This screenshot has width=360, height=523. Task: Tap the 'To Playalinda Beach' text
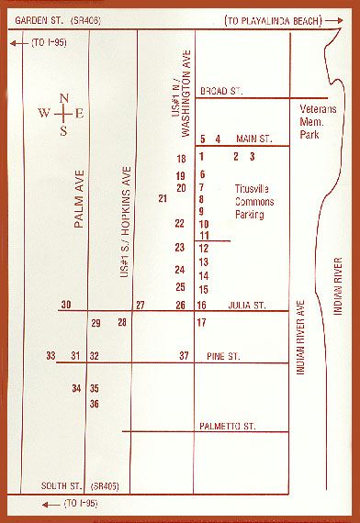[x=284, y=20]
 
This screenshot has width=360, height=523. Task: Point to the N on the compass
[x=63, y=98]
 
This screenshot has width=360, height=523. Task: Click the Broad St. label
[x=219, y=90]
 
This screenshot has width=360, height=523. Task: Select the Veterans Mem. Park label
[x=320, y=121]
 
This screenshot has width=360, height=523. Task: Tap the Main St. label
[x=255, y=139]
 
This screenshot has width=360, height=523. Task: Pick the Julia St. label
[x=245, y=305]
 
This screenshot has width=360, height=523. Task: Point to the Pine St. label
[x=222, y=355]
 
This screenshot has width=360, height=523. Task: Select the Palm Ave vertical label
[x=79, y=199]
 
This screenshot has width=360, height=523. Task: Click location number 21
[x=163, y=198]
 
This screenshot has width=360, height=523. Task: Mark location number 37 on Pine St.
[x=184, y=355]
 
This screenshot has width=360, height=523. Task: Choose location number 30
[x=65, y=305]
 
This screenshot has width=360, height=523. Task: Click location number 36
[x=94, y=404]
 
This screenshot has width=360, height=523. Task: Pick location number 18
[x=182, y=160]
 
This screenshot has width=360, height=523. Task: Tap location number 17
[x=202, y=322]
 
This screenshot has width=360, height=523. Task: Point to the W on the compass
[x=44, y=114]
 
